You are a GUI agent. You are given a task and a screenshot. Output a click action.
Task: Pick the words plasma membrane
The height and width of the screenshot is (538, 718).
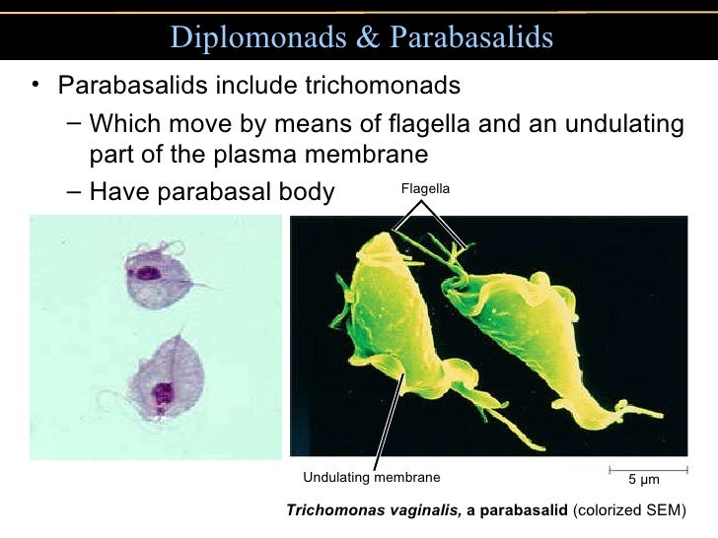pos(330,156)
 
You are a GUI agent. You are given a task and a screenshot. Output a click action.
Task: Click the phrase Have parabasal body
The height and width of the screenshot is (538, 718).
pos(212,190)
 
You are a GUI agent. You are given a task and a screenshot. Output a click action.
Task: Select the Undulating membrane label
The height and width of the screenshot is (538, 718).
pos(371,478)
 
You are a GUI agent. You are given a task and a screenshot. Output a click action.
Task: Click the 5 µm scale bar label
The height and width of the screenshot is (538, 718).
pos(643,480)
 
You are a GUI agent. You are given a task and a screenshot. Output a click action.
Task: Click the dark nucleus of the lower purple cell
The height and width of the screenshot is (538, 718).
pos(161,395)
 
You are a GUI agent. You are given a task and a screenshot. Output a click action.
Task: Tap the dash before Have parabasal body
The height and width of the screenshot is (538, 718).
pos(76,190)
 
